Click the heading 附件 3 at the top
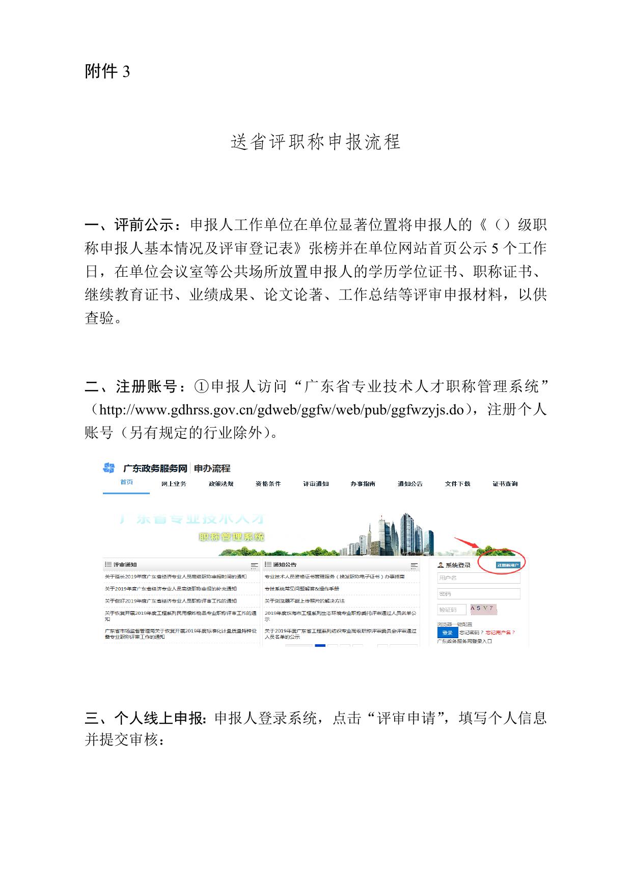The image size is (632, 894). pyautogui.click(x=107, y=71)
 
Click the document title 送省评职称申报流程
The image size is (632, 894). pyautogui.click(x=316, y=142)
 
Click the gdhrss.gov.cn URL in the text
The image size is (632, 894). pyautogui.click(x=282, y=410)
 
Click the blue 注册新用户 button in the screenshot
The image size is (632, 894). pyautogui.click(x=508, y=565)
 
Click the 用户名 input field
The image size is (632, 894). pyautogui.click(x=478, y=578)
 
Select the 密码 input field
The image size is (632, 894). pyautogui.click(x=478, y=594)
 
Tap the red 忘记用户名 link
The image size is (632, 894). pyautogui.click(x=500, y=633)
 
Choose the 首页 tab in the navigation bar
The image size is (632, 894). pyautogui.click(x=126, y=482)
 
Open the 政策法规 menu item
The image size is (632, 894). pyautogui.click(x=221, y=484)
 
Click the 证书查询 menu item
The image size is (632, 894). pyautogui.click(x=505, y=484)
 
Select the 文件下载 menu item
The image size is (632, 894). pyautogui.click(x=457, y=484)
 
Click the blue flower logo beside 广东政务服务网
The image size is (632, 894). pyautogui.click(x=108, y=468)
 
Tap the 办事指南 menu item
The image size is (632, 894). pyautogui.click(x=363, y=484)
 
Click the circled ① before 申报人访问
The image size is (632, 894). pyautogui.click(x=201, y=387)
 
